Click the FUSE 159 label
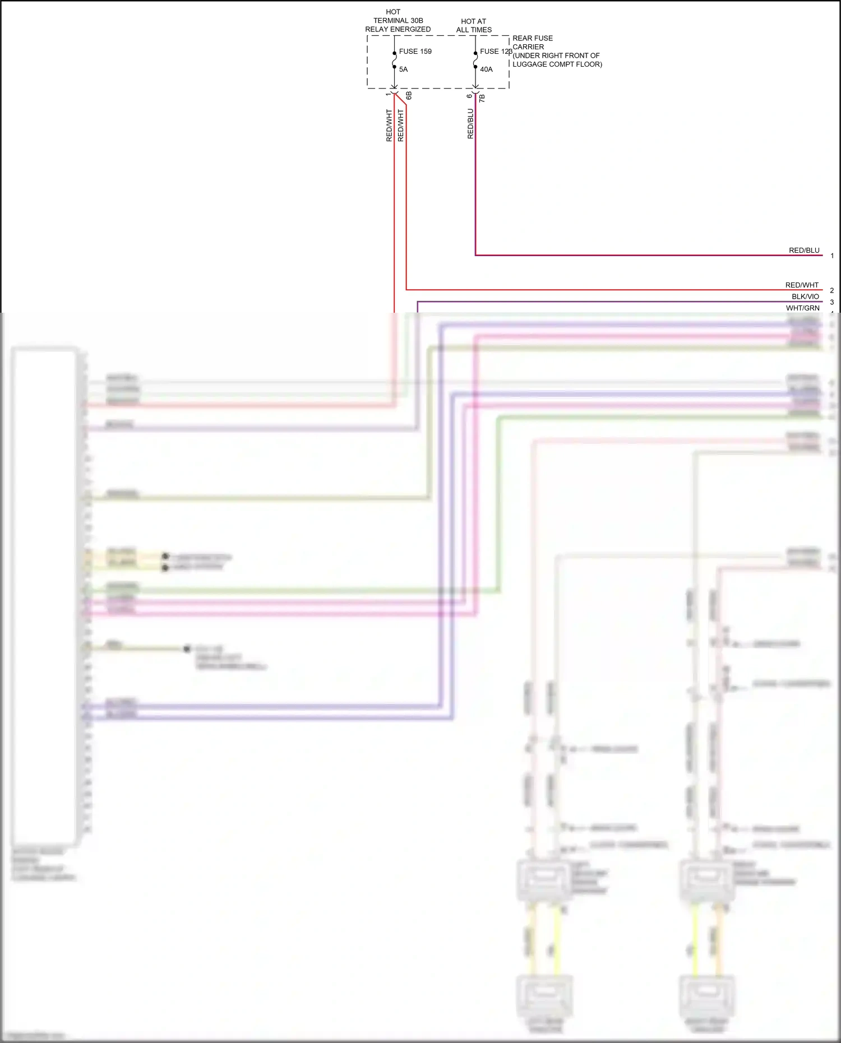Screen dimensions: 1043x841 point(415,52)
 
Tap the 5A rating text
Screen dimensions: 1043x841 point(403,69)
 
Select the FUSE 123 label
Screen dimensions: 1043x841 point(496,52)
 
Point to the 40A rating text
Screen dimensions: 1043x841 point(486,69)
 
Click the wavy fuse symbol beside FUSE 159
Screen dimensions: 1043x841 point(394,59)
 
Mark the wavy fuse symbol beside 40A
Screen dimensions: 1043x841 point(475,59)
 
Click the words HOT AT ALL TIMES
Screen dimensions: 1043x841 point(474,26)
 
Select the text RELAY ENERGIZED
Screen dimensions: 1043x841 point(398,29)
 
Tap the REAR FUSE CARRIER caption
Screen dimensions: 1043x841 point(532,43)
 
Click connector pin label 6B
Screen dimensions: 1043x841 point(409,96)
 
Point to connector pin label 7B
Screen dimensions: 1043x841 point(482,98)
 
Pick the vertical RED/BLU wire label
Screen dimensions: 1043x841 point(470,124)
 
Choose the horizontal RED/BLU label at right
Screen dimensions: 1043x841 point(804,251)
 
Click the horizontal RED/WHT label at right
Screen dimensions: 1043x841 point(802,285)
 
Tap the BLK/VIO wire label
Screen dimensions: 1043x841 point(805,296)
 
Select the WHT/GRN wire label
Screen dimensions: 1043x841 point(802,308)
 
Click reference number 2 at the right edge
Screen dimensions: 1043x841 point(832,290)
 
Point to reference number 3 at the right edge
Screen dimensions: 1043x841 point(832,302)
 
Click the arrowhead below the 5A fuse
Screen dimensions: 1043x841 point(394,88)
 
